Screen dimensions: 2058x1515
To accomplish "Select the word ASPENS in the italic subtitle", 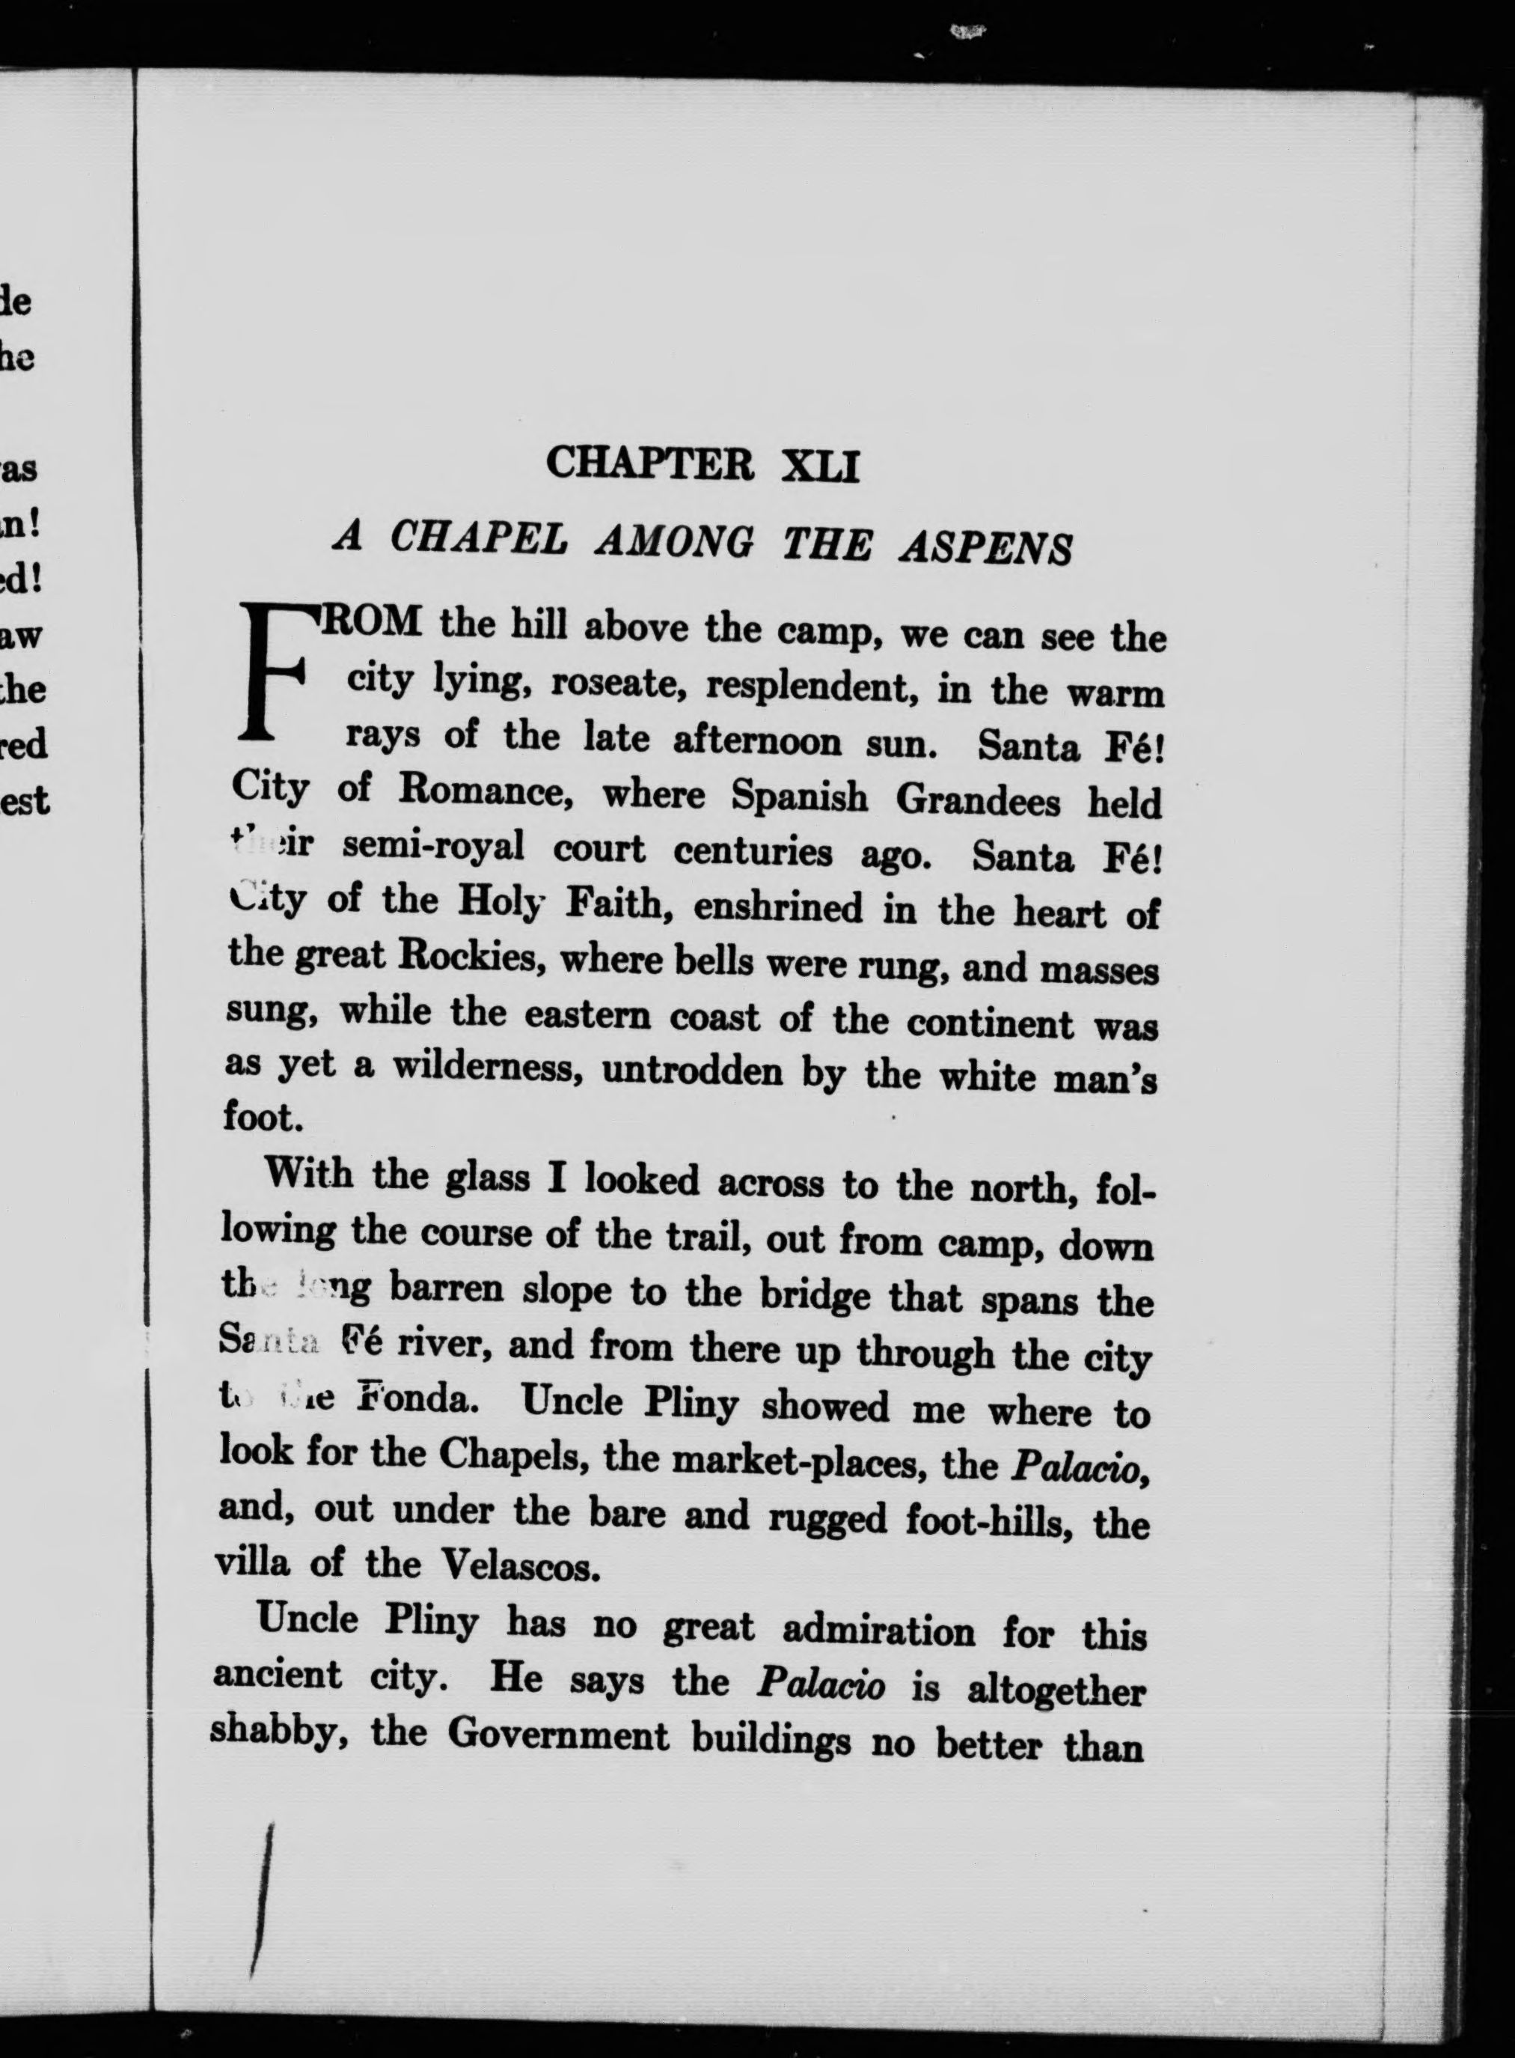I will [987, 548].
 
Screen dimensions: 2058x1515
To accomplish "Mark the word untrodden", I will [692, 1071].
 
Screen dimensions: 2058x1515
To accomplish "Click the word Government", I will [559, 1735].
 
